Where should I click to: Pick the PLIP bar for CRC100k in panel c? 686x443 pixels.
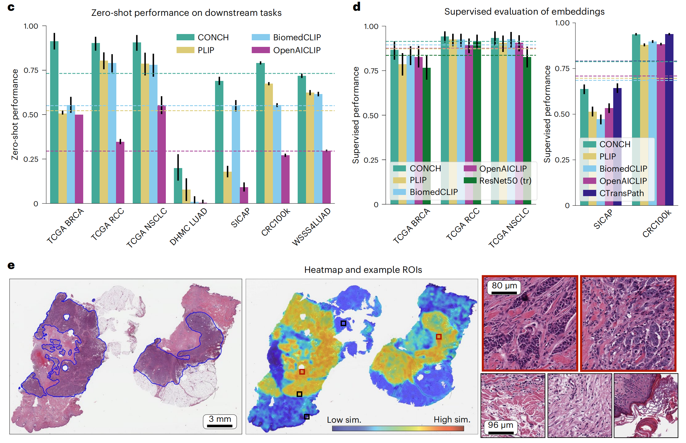(x=269, y=144)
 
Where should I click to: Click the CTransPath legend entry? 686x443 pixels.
(x=621, y=193)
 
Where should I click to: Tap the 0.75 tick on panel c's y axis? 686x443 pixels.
(x=31, y=70)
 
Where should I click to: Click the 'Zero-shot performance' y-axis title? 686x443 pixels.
(x=15, y=115)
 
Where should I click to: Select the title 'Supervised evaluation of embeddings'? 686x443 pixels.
(x=524, y=12)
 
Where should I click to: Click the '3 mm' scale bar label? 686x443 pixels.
(x=220, y=419)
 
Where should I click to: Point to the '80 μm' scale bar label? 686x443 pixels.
(x=504, y=285)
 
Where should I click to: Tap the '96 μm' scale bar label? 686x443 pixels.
(x=500, y=425)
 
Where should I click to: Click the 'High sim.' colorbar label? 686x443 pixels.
(x=452, y=419)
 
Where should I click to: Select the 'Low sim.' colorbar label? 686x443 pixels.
(x=344, y=420)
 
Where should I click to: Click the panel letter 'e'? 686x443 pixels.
(x=11, y=265)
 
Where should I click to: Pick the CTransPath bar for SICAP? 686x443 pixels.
(x=617, y=147)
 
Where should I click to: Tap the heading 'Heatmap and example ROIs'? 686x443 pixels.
(x=363, y=270)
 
